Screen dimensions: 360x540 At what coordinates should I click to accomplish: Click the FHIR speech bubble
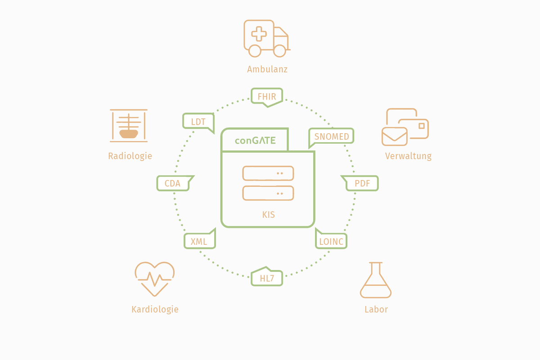(x=267, y=96)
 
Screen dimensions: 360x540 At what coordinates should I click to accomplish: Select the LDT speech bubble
(x=198, y=121)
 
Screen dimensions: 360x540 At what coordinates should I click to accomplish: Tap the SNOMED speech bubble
(x=332, y=136)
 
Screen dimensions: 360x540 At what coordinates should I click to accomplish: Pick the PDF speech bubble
(x=362, y=183)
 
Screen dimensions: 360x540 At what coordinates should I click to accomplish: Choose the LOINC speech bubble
(x=331, y=241)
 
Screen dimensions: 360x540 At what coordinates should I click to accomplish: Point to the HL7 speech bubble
(x=267, y=278)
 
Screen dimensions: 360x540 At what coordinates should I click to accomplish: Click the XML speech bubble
(x=199, y=241)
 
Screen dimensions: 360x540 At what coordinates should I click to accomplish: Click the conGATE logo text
(x=255, y=140)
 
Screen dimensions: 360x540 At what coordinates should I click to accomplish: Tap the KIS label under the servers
(x=268, y=215)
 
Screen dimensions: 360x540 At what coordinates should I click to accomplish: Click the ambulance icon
(x=266, y=38)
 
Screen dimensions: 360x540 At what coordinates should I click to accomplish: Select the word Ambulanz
(x=267, y=69)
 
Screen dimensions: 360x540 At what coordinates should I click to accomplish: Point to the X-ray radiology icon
(x=129, y=124)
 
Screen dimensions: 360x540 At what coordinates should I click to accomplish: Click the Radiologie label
(x=130, y=156)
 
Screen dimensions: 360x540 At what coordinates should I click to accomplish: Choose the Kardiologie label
(x=155, y=310)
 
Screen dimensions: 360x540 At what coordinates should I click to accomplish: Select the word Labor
(x=376, y=310)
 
